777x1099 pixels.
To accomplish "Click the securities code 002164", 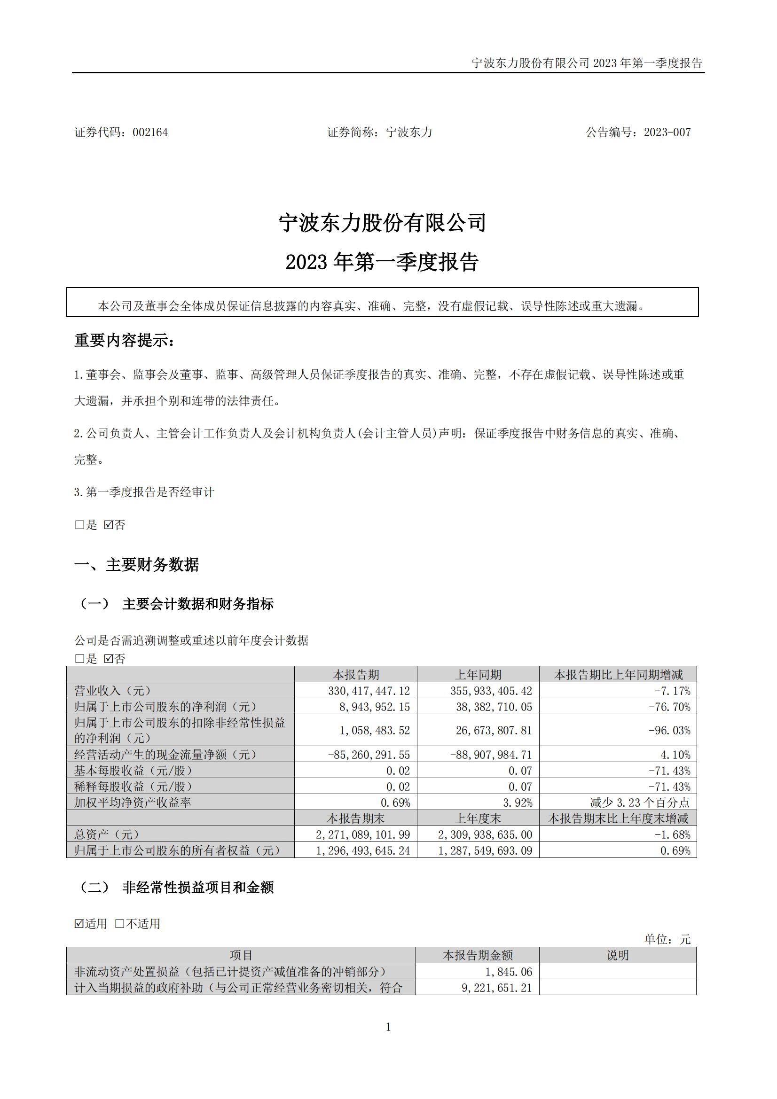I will [150, 133].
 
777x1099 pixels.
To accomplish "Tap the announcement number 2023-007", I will [667, 133].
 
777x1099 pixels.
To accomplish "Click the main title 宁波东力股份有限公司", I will [383, 223].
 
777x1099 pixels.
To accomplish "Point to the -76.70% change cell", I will [669, 707].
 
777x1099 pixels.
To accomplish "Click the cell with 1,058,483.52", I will [374, 731].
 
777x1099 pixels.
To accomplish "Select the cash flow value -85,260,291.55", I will [369, 755].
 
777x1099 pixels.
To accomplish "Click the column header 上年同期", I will [478, 674].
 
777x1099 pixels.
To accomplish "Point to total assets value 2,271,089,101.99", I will [363, 834].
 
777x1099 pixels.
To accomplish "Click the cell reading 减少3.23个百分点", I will [640, 802].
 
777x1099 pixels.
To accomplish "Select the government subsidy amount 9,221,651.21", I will [496, 988].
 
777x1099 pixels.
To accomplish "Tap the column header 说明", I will [618, 955].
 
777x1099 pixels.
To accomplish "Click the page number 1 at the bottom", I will [388, 1027].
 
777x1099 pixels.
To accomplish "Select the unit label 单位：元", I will [667, 939].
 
